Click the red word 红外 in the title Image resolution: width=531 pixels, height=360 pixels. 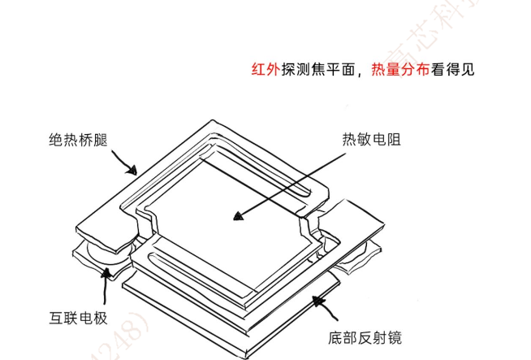265,68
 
